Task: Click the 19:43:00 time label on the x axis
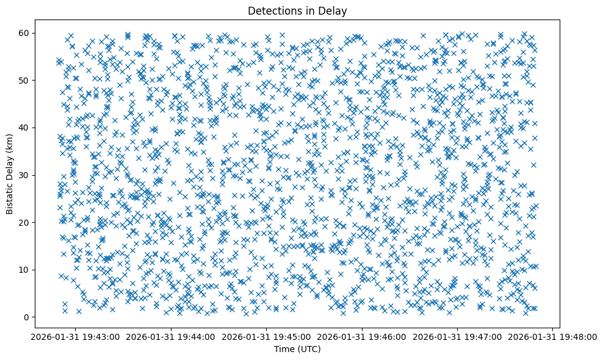coord(75,336)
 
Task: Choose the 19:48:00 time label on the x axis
coord(553,336)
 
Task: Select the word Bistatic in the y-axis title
coord(10,193)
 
